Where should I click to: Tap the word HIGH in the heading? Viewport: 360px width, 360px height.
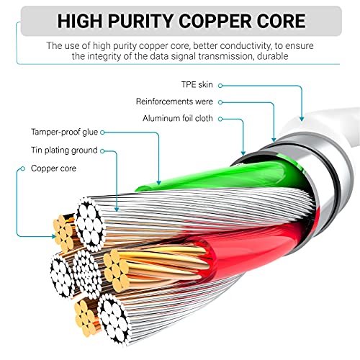[x=80, y=21]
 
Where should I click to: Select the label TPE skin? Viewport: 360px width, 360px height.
[x=197, y=85]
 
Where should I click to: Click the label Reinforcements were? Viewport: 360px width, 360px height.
[x=174, y=102]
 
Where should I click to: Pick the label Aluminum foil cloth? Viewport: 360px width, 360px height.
[x=178, y=118]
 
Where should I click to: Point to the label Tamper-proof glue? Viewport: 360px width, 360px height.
[x=65, y=132]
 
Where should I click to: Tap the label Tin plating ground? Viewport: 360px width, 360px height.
[x=64, y=150]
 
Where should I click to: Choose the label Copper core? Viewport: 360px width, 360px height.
[x=53, y=168]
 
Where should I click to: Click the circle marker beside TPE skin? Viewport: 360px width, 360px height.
[x=220, y=86]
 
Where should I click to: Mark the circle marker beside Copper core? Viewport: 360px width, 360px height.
[x=23, y=168]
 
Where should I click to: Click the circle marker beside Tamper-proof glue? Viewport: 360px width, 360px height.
[x=102, y=132]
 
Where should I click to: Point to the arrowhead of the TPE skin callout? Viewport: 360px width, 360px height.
[x=302, y=119]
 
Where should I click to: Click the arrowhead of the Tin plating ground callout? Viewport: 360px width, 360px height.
[x=117, y=210]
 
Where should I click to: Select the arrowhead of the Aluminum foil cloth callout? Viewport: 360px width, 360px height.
[x=243, y=153]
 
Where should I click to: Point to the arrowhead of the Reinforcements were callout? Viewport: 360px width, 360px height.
[x=274, y=140]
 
